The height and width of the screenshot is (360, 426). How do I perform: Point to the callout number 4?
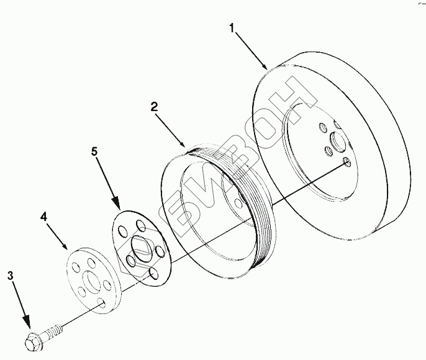tap(44, 217)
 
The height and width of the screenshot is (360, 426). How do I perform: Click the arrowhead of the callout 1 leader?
tap(266, 67)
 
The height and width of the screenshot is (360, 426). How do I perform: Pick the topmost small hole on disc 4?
tap(91, 259)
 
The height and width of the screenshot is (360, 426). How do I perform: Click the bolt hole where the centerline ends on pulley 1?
tap(347, 163)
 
